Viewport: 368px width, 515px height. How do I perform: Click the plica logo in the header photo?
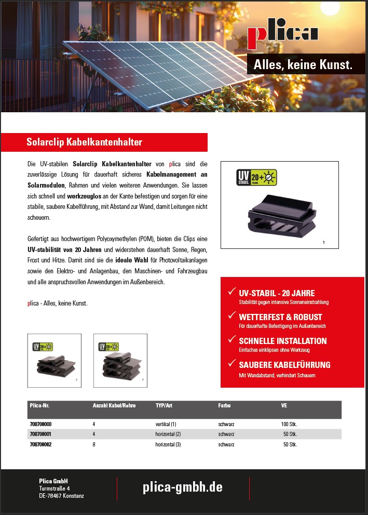pos(283,35)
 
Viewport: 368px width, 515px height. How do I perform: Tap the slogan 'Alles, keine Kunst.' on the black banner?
pos(303,65)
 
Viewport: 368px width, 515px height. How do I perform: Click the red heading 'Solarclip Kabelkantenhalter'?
pos(84,142)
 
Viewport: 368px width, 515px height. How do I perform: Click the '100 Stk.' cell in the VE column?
pos(289,424)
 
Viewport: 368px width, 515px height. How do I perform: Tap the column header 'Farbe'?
pos(224,405)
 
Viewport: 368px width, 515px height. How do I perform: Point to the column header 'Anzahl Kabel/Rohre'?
pos(114,405)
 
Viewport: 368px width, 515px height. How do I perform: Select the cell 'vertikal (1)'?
pos(166,424)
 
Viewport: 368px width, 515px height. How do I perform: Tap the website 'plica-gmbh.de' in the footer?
pos(183,487)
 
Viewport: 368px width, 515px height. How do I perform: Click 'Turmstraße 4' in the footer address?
pos(54,488)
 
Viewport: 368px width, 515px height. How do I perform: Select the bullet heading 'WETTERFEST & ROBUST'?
pos(280,317)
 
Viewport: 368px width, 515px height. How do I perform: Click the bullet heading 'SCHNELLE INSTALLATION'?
pos(283,341)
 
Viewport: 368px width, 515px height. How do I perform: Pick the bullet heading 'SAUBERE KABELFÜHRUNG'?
pos(284,365)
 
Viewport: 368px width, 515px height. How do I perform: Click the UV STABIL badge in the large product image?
pos(257,178)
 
